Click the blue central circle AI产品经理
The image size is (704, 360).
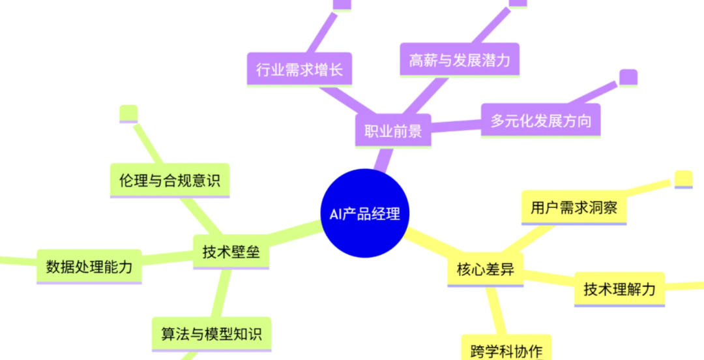pos(364,213)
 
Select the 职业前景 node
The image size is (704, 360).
pos(392,131)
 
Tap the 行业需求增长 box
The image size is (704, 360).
pos(299,69)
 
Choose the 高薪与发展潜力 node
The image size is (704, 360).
pos(459,61)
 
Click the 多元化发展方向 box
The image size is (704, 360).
pos(540,121)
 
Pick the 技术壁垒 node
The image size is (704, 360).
pos(231,252)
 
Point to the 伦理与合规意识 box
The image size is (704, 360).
pos(169,180)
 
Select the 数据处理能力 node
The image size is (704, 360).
pos(89,266)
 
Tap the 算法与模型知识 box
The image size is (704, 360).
pos(211,334)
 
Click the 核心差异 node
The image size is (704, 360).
pos(485,269)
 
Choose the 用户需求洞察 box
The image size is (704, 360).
pos(574,208)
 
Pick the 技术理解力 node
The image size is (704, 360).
pos(619,289)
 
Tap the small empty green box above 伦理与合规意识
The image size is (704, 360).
pos(128,113)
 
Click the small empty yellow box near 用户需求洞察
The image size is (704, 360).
pos(683,179)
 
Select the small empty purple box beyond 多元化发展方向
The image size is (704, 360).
pos(628,78)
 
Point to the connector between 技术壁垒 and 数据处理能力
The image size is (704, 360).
pos(168,259)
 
